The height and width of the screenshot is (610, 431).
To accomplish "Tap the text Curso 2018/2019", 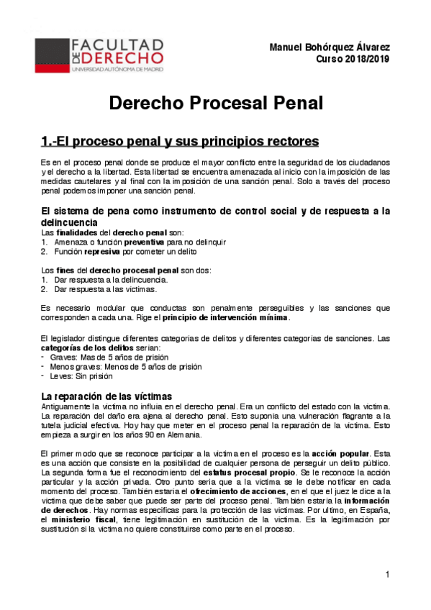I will click(x=353, y=59).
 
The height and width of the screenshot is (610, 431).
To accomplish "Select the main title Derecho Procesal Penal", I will click(x=216, y=104).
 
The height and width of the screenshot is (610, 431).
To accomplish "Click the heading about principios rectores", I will click(x=170, y=140).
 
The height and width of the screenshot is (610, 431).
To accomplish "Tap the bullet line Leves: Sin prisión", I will click(x=81, y=375).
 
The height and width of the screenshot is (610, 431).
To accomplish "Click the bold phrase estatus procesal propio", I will click(x=249, y=473).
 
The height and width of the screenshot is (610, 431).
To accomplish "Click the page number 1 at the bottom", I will click(x=387, y=574).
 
